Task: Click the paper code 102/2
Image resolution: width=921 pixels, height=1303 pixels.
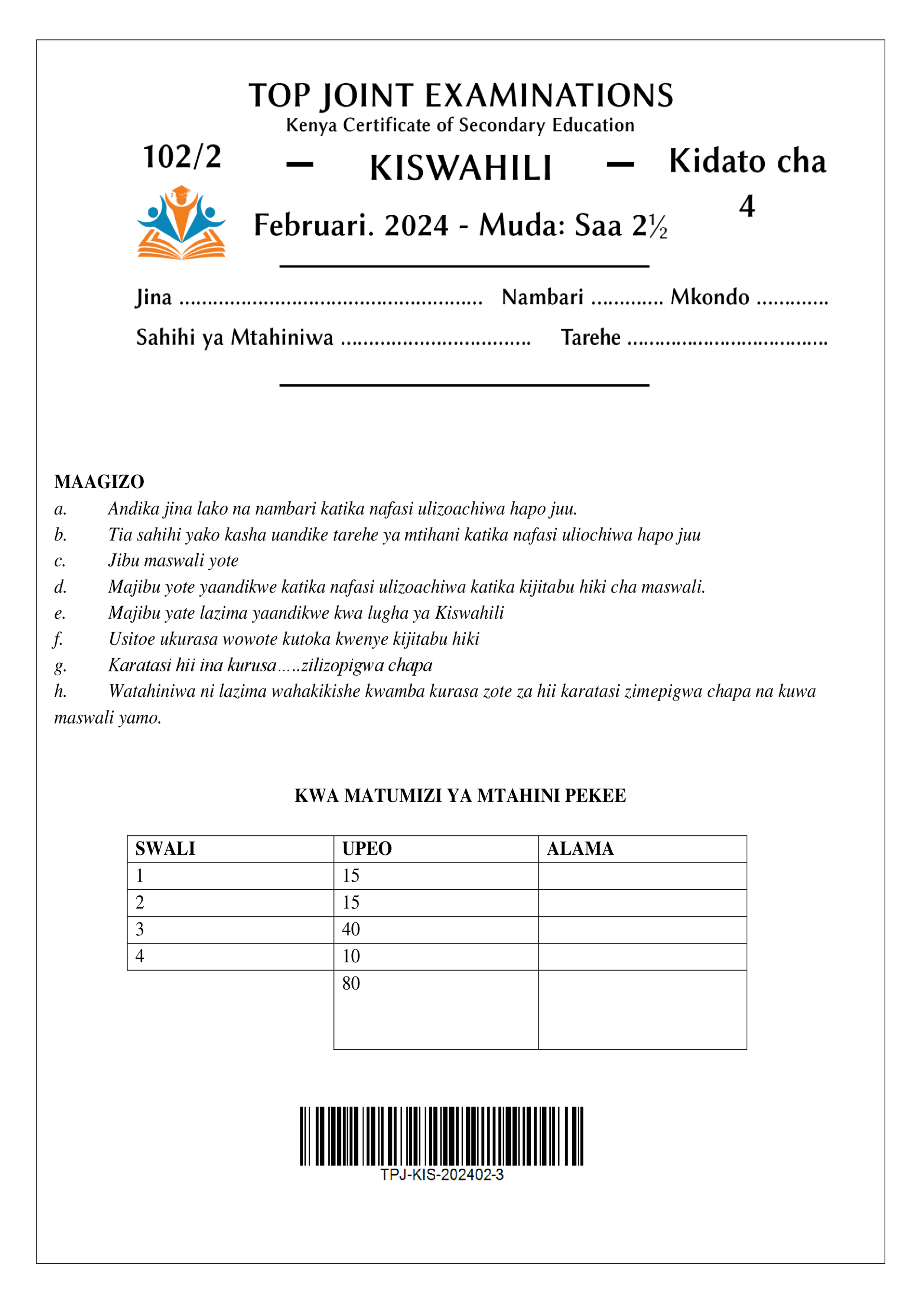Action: [x=182, y=157]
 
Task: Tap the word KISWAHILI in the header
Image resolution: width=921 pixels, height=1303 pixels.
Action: [x=460, y=169]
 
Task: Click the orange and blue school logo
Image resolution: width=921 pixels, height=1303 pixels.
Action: [x=182, y=222]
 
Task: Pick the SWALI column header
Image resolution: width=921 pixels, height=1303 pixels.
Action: [x=165, y=848]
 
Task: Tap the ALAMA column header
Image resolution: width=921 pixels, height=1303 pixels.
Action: [x=580, y=848]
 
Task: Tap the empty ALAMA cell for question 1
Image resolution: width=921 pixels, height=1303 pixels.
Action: [x=642, y=876]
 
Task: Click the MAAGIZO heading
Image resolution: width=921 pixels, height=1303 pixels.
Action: [x=99, y=482]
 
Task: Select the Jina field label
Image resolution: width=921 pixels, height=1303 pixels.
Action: [x=154, y=298]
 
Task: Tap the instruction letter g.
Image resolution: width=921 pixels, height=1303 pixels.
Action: [x=60, y=666]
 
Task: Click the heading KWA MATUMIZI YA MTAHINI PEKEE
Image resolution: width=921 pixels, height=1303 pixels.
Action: [x=460, y=796]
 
